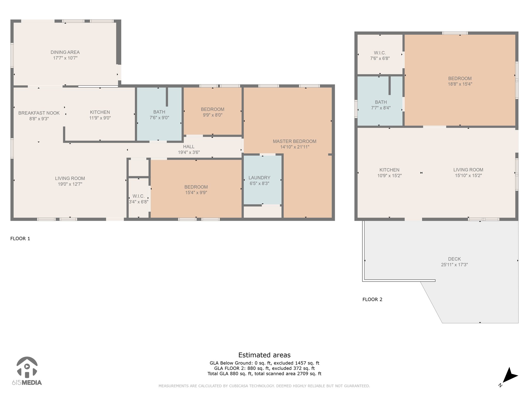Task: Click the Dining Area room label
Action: [65, 52]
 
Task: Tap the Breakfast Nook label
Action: [39, 113]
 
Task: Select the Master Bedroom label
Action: [294, 141]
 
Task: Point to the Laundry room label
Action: [259, 178]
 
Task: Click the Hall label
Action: [189, 147]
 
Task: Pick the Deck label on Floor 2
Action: [454, 259]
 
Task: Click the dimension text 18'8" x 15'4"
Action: [460, 84]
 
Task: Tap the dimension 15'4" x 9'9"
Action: [196, 193]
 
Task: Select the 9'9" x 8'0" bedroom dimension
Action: [213, 115]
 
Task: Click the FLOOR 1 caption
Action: [20, 239]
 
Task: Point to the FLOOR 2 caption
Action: [372, 300]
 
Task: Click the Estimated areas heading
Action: [264, 355]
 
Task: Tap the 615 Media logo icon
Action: [27, 367]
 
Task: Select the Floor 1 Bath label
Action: [159, 112]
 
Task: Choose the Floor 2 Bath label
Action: [381, 102]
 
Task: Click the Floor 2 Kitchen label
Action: [389, 170]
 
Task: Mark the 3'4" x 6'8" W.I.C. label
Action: [138, 199]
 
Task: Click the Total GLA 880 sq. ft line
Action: [264, 373]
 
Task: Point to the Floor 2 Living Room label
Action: [468, 170]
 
